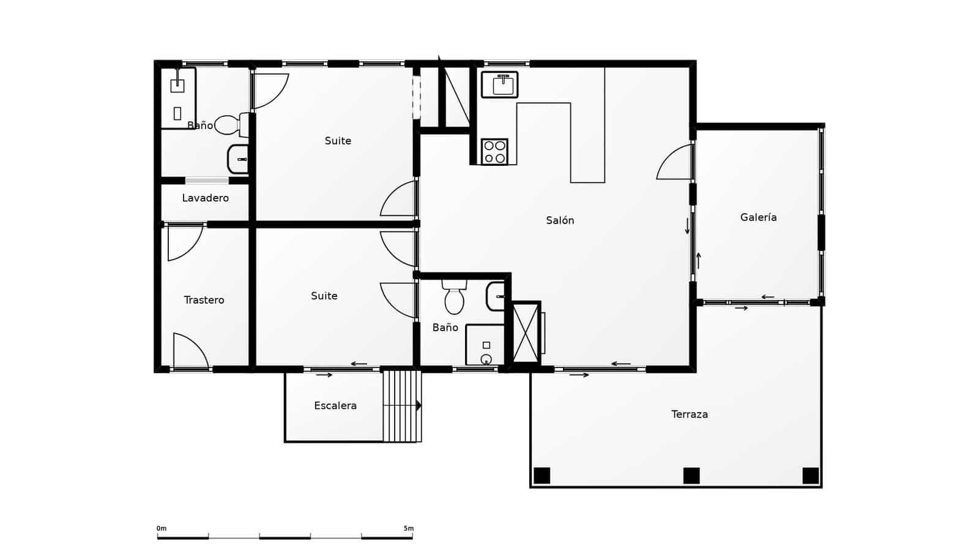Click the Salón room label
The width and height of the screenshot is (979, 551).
(x=560, y=220)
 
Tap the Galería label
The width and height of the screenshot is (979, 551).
(x=758, y=217)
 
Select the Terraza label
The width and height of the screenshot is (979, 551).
(x=689, y=414)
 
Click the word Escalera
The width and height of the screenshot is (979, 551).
(x=335, y=406)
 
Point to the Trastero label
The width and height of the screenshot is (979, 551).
(x=204, y=300)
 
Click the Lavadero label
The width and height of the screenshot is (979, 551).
(x=205, y=198)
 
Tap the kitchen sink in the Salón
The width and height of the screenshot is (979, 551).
(x=499, y=84)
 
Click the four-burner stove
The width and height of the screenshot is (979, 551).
(x=494, y=152)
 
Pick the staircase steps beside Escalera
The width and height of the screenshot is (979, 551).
(x=401, y=405)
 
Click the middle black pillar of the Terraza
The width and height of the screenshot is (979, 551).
(x=691, y=475)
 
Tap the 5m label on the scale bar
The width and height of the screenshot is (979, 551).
(x=408, y=528)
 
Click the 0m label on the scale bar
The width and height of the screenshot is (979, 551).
(x=161, y=528)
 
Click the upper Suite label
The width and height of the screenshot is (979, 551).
(x=338, y=141)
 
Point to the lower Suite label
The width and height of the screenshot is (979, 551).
(x=324, y=296)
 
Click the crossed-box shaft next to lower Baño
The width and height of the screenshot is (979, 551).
(x=526, y=333)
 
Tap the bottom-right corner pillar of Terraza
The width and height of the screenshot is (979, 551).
(x=810, y=475)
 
